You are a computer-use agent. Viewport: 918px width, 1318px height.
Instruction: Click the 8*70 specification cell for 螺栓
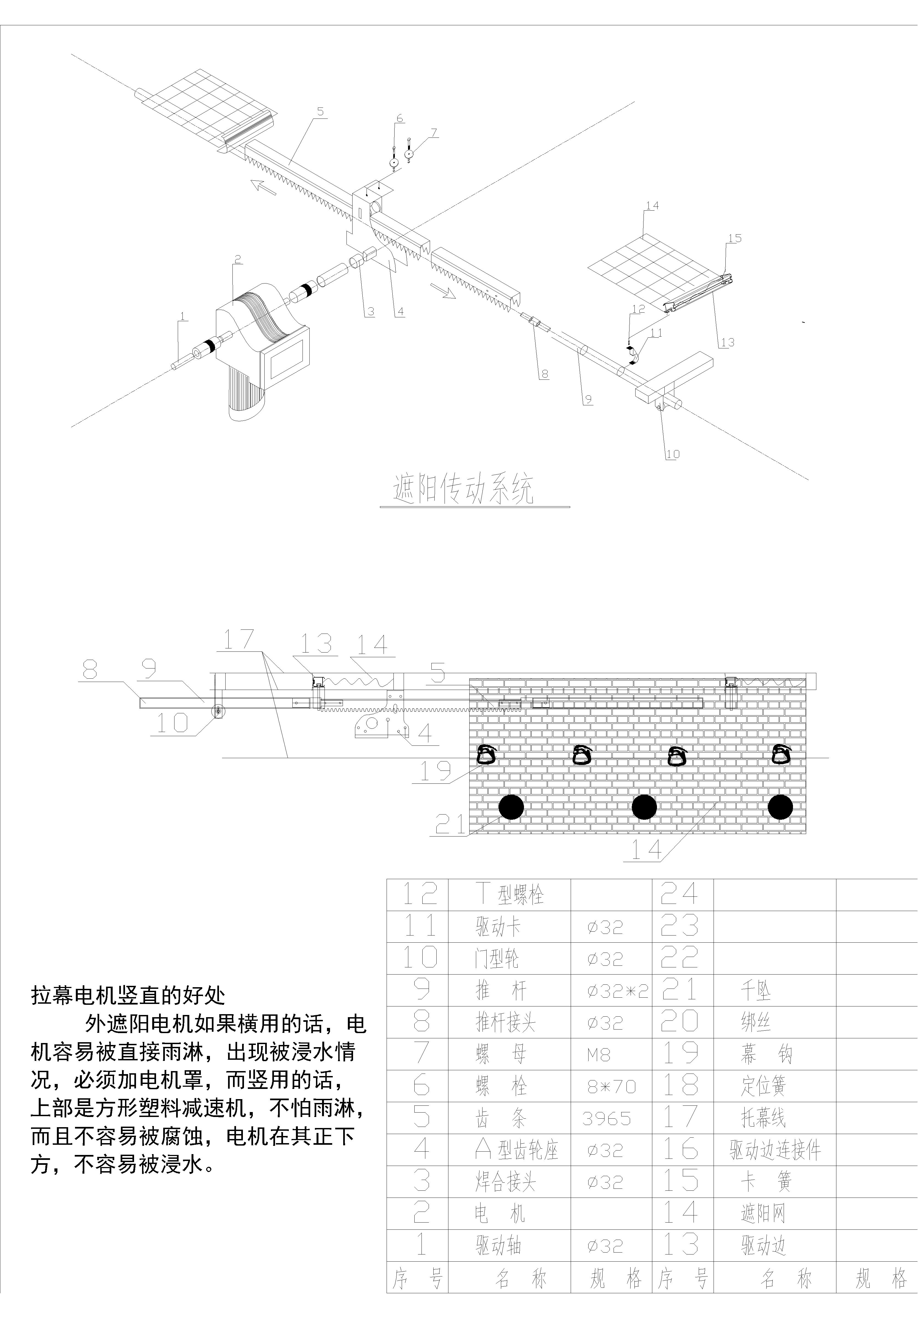point(611,1086)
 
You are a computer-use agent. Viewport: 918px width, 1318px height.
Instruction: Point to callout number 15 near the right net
point(734,238)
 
